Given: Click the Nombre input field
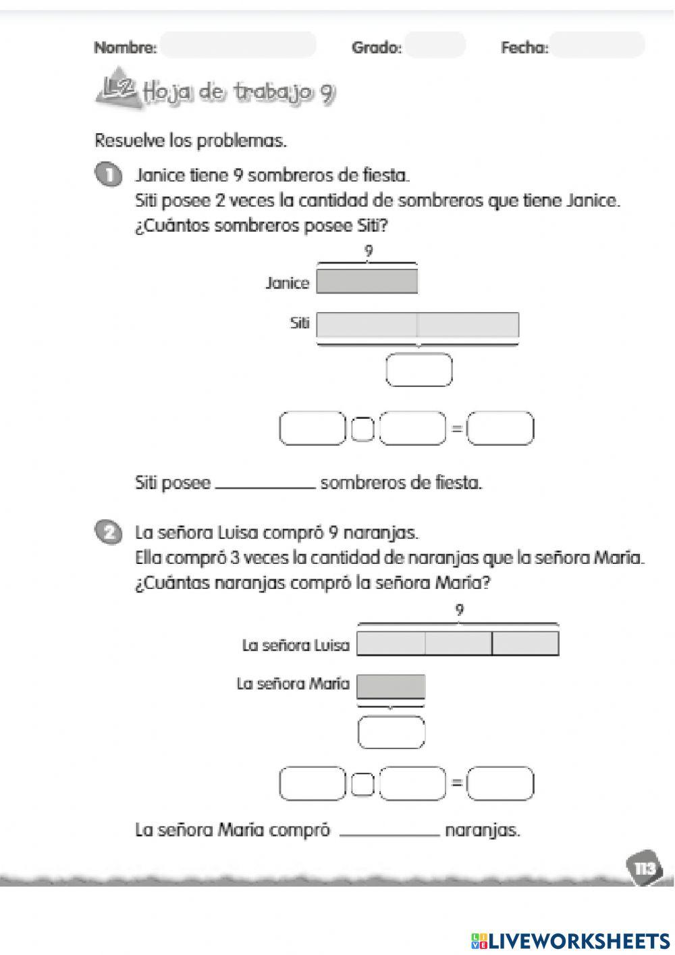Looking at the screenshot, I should pyautogui.click(x=238, y=45).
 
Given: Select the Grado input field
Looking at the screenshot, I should pyautogui.click(x=435, y=45).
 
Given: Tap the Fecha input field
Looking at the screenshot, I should pyautogui.click(x=597, y=45).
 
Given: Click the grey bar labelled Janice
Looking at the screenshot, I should pyautogui.click(x=367, y=281).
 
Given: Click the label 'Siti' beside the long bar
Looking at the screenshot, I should pyautogui.click(x=299, y=324).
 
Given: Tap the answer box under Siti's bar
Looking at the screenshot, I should pyautogui.click(x=418, y=370).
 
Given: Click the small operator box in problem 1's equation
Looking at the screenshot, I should pyautogui.click(x=362, y=430).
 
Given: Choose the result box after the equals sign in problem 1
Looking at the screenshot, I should pyautogui.click(x=501, y=429).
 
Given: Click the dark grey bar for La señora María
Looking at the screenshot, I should pyautogui.click(x=391, y=686).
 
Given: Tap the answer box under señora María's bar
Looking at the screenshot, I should pyautogui.click(x=391, y=733).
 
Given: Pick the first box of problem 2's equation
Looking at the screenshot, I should pyautogui.click(x=311, y=783).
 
